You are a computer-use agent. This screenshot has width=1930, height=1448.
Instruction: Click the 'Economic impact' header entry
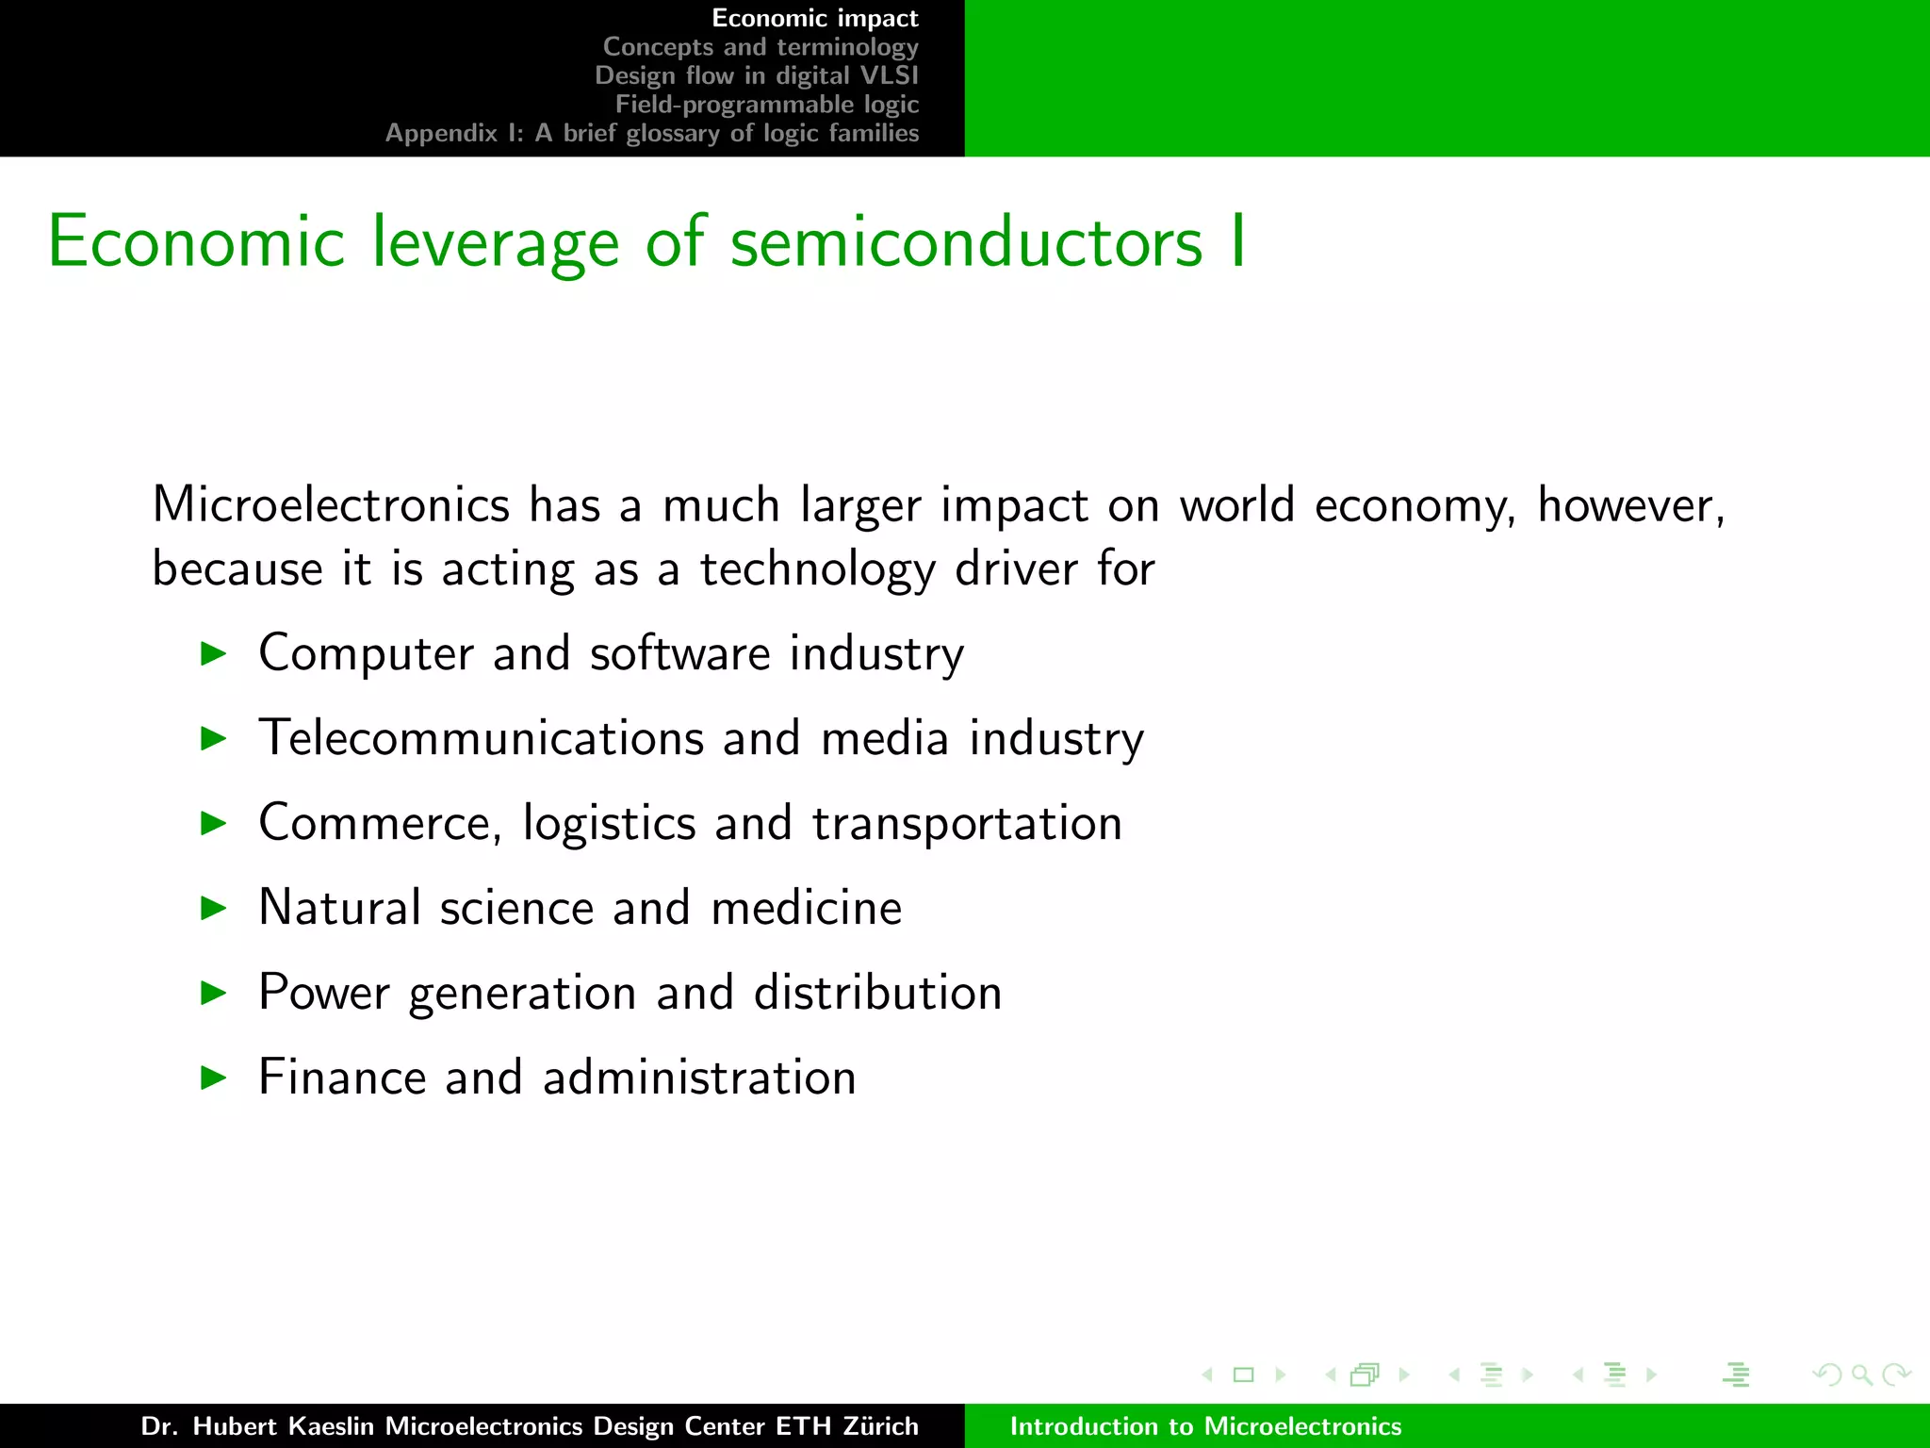[x=814, y=19]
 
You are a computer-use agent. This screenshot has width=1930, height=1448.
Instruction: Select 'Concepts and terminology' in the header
[x=761, y=47]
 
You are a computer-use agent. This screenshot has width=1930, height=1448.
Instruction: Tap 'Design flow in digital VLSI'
[x=756, y=75]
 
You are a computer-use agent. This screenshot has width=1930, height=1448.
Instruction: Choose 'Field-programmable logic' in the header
[x=766, y=105]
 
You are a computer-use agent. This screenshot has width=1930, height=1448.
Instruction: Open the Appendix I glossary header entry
[x=651, y=133]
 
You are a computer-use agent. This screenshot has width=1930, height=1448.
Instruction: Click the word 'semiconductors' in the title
[x=967, y=243]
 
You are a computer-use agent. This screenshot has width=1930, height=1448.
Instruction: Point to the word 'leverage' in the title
[x=495, y=243]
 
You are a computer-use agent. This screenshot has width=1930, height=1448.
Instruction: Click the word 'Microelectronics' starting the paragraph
[x=331, y=505]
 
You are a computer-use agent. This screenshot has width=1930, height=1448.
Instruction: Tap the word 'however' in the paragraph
[x=1628, y=505]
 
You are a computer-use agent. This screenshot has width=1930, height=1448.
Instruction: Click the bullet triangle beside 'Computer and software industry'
[x=215, y=653]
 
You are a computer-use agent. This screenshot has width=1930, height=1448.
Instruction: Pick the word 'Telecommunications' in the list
[x=482, y=738]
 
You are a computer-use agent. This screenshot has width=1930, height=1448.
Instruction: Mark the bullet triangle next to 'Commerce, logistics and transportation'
[x=215, y=823]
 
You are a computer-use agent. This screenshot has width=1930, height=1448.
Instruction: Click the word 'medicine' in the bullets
[x=806, y=908]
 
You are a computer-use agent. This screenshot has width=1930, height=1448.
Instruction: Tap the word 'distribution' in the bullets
[x=877, y=993]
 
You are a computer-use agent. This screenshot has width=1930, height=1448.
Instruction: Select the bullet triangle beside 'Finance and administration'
[x=215, y=1078]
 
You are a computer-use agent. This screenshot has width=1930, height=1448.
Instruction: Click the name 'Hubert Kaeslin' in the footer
[x=283, y=1426]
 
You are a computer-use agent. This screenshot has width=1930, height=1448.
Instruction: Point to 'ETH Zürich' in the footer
[x=846, y=1426]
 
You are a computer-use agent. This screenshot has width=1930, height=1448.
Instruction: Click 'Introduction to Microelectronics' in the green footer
[x=1205, y=1426]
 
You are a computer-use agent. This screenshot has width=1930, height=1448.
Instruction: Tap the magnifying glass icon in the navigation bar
[x=1861, y=1374]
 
